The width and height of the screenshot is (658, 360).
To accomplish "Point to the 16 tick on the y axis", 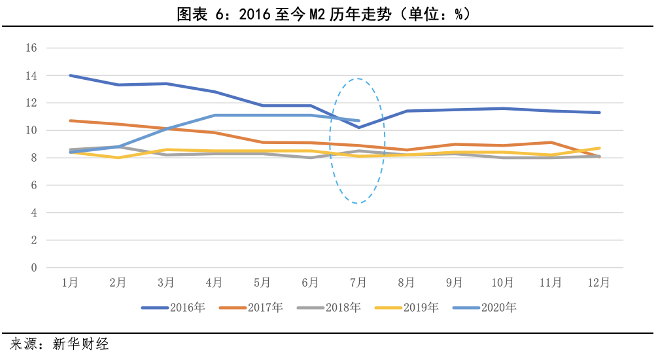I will pyautogui.click(x=31, y=48).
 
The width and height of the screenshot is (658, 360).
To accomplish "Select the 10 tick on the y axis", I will pyautogui.click(x=31, y=131).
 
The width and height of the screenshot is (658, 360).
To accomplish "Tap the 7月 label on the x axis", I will pyautogui.click(x=358, y=283).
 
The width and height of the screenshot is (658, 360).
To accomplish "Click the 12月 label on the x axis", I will pyautogui.click(x=598, y=283).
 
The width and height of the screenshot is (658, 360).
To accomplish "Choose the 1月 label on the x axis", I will pyautogui.click(x=70, y=283).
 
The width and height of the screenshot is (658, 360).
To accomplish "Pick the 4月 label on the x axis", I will pyautogui.click(x=214, y=283).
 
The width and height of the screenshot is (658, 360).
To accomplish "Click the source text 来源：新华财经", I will pyautogui.click(x=60, y=344).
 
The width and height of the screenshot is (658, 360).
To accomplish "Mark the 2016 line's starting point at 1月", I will pyautogui.click(x=70, y=75).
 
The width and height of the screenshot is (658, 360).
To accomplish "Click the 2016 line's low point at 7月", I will pyautogui.click(x=358, y=128).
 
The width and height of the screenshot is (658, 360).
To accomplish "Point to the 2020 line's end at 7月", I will pyautogui.click(x=358, y=120).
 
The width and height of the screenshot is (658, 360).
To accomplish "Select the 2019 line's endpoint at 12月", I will pyautogui.click(x=599, y=148).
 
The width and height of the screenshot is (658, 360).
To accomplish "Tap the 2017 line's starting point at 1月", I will pyautogui.click(x=70, y=120).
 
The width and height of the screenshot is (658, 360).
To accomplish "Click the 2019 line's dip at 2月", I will pyautogui.click(x=118, y=158).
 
